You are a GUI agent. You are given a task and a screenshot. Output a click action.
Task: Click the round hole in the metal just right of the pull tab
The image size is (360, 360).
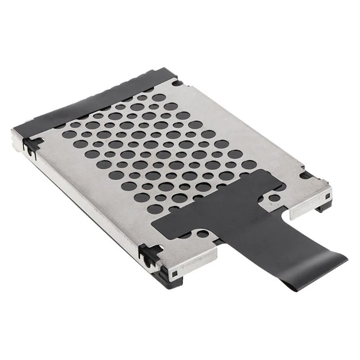[x=273, y=198]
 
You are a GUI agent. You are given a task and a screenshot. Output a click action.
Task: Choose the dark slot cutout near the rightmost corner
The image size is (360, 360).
[x=306, y=175]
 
